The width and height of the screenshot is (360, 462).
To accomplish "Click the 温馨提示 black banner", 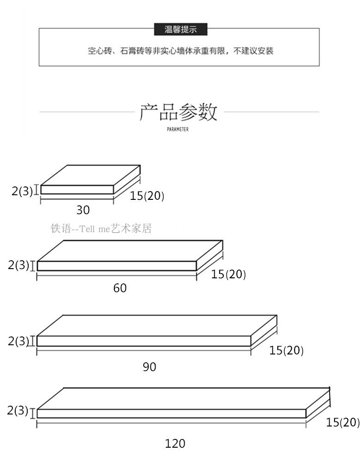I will pos(180,30).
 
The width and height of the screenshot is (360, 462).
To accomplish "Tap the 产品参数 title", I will pos(179,112).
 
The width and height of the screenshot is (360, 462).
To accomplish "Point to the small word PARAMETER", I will pos(178,130).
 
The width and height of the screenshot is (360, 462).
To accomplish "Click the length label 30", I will pos(83,210).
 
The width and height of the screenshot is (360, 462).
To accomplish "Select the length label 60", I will pos(120,288).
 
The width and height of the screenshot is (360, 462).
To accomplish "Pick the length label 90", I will pos(150,367).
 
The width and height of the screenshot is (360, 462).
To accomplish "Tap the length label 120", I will pos(175,444).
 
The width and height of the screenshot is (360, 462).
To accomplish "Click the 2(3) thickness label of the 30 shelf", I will pos(22,191).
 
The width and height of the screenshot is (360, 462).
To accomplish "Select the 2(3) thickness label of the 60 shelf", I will pos(18,265).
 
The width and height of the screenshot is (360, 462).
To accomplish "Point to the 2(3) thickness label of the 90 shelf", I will pos(18,342).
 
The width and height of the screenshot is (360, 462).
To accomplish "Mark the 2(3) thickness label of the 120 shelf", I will pos(18,410).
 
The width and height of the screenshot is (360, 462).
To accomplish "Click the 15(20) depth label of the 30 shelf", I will pos(147,196).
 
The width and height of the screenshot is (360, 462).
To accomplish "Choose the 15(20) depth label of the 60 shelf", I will pos(228,275).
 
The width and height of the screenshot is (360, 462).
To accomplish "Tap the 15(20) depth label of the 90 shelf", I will pos(287,351).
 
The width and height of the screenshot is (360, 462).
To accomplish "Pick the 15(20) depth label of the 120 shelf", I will pos(342,422).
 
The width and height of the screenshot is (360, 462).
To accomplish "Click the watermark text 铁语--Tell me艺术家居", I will pos(102,228).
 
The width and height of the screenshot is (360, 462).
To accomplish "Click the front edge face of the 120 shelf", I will pos(171,414).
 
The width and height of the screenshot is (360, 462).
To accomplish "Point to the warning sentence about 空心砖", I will pos(180,51).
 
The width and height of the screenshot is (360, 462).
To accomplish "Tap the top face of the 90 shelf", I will pos(157,326).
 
